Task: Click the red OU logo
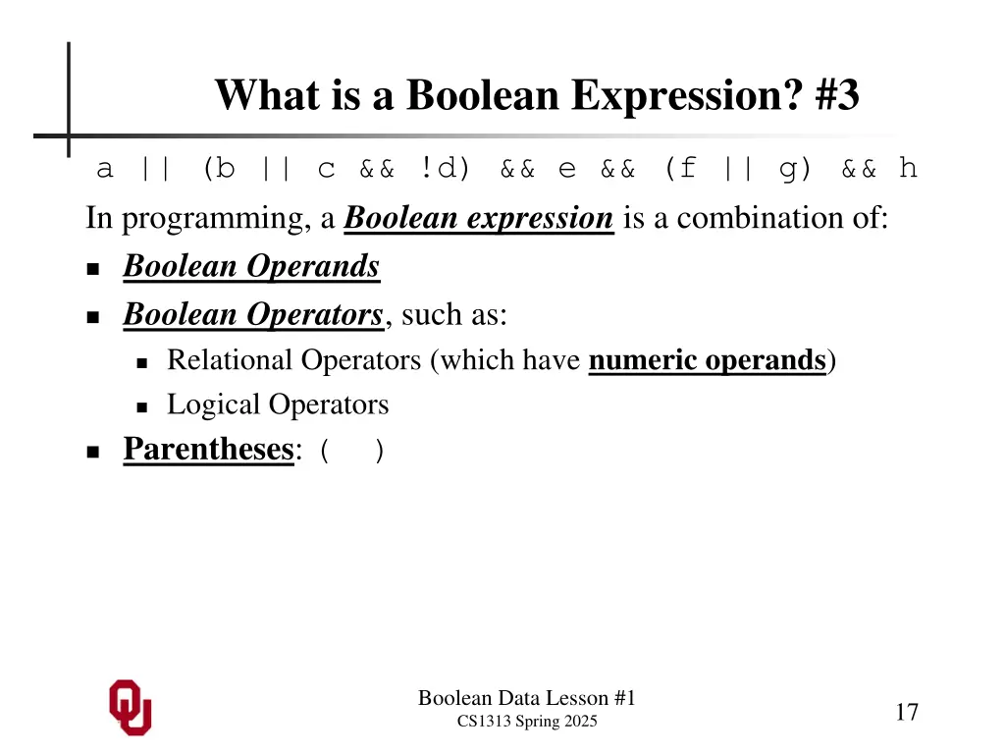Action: (x=130, y=707)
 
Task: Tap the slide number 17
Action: (x=906, y=712)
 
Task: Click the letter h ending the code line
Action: (x=908, y=169)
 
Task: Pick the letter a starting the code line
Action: (x=104, y=170)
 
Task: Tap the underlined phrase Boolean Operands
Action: (x=251, y=266)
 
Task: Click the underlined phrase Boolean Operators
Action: (x=252, y=314)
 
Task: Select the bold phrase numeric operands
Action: (x=708, y=360)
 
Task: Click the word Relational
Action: (x=230, y=360)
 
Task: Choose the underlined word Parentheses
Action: (x=208, y=450)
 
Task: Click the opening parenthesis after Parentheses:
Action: (x=325, y=452)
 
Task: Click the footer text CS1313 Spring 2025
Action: (x=527, y=723)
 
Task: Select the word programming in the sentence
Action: (x=216, y=218)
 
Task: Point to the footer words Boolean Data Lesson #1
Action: (x=527, y=698)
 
